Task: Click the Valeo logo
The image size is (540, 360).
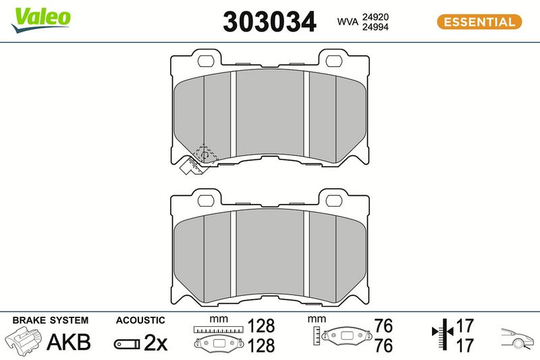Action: coord(40,20)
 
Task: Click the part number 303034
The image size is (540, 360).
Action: coord(269,22)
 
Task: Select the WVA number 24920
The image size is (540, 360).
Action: coord(375,17)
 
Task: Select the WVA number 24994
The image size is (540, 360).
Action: coord(375,27)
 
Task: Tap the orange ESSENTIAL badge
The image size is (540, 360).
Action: coord(479,22)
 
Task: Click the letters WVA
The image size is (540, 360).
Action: coord(348,22)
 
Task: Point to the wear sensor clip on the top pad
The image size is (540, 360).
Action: coord(191,166)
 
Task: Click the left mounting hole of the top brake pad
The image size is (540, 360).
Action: coord(206,61)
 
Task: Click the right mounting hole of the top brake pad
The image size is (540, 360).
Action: coord(333,61)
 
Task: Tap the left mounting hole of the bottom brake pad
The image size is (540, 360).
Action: coord(206,201)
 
